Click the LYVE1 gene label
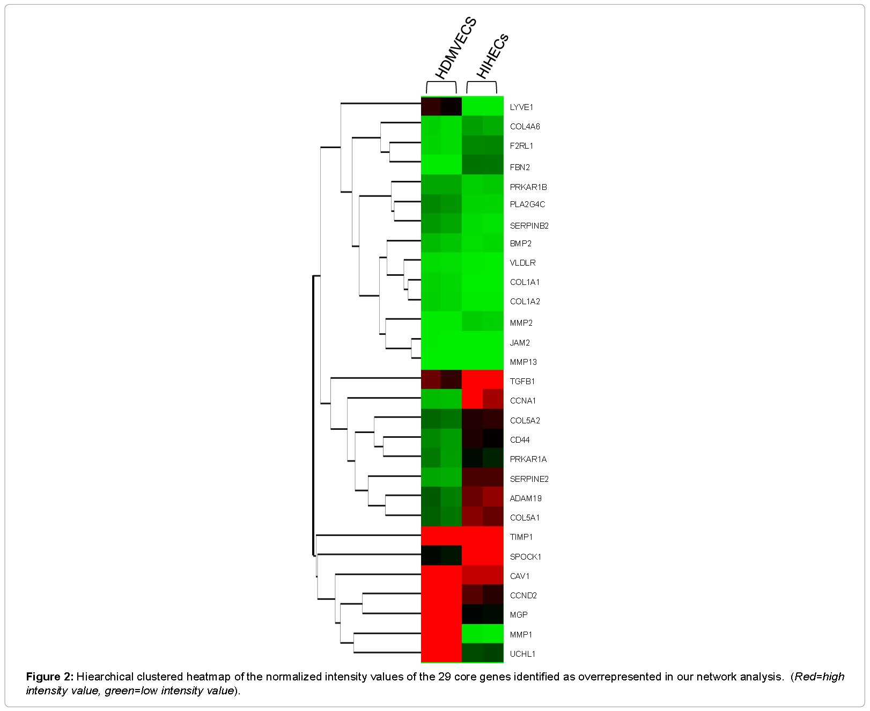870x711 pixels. coord(521,107)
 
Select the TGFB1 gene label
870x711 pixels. coord(522,382)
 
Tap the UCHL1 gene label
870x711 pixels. coord(522,654)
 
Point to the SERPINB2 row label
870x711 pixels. coord(529,226)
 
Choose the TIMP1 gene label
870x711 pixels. coord(521,537)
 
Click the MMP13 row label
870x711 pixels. coord(523,362)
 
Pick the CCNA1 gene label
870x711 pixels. coord(522,401)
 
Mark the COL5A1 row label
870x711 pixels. coord(525,518)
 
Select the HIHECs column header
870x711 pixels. coord(492,56)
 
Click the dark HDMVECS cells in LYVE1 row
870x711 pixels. coord(441,106)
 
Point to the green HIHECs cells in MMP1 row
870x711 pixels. coord(482,634)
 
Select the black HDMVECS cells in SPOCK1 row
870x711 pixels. coord(441,556)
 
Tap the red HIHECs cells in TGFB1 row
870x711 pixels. coord(482,380)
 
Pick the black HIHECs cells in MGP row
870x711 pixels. coord(482,614)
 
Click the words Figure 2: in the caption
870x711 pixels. coord(49,677)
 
